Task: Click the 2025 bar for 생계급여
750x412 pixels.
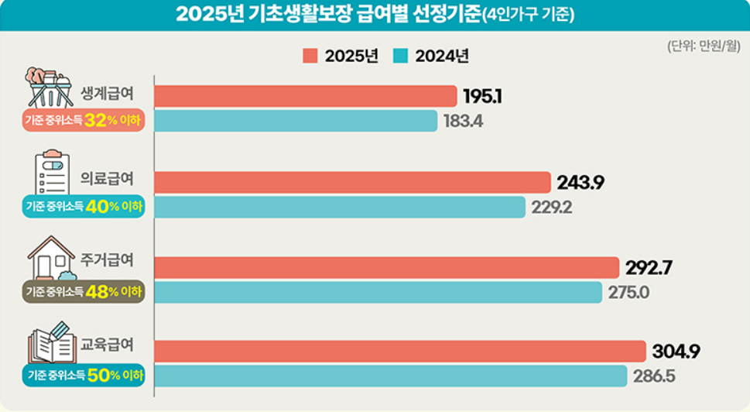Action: point(305,96)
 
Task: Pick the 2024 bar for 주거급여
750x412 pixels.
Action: point(378,293)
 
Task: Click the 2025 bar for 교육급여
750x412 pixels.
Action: point(399,351)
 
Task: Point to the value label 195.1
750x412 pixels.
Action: point(483,96)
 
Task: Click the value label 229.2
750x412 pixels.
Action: point(552,208)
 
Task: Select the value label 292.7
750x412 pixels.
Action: point(648,268)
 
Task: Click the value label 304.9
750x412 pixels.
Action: point(676,352)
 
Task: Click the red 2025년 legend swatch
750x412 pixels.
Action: point(310,56)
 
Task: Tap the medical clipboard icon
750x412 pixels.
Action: point(52,173)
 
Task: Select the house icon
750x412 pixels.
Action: point(51,258)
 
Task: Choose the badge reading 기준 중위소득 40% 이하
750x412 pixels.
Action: point(84,207)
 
